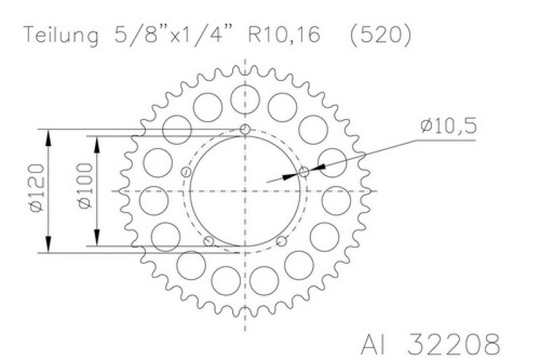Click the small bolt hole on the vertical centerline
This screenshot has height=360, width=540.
(x=245, y=130)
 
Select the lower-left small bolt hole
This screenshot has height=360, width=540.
(x=209, y=241)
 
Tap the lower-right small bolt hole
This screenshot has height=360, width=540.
(x=281, y=241)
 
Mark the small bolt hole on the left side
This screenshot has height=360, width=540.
(x=186, y=172)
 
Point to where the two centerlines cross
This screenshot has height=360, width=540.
(x=245, y=191)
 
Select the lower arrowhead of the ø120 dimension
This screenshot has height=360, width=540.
(x=49, y=246)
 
